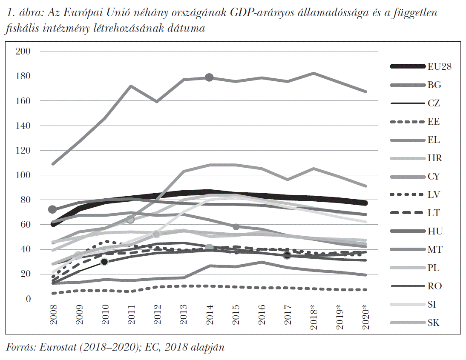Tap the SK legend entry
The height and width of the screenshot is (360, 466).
pos(434,323)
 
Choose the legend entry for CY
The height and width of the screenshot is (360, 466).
pos(434,176)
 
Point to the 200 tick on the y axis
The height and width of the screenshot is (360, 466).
pos(23,51)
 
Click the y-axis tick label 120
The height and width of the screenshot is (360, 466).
pos(23,150)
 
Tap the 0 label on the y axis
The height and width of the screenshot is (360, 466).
pos(29,299)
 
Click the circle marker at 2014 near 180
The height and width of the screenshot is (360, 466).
pos(209,77)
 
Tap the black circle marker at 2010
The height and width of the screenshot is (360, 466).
pos(104,262)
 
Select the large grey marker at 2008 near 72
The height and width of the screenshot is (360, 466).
pos(52,209)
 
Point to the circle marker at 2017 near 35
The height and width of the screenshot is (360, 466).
pos(287,255)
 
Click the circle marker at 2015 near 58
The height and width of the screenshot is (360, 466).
pos(236,227)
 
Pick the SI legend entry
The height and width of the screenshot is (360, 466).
pos(433,304)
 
